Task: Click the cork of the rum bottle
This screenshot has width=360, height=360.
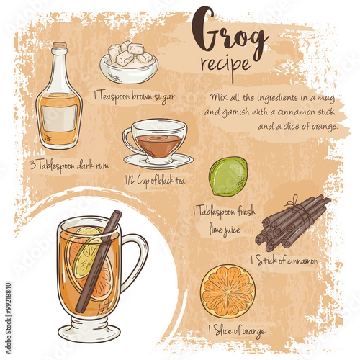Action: point(60,45)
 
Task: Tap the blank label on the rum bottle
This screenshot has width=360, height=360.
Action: point(59,118)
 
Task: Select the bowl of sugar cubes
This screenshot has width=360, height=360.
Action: point(129,63)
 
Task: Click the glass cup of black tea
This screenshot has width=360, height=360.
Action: point(155,141)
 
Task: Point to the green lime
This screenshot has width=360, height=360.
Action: point(228,176)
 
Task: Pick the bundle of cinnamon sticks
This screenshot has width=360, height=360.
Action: point(292,223)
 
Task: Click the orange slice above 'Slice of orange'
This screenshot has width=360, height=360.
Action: point(228,291)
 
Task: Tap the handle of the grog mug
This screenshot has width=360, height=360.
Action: point(135,261)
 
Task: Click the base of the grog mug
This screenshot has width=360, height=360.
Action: point(89,330)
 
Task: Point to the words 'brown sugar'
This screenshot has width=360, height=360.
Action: point(153,97)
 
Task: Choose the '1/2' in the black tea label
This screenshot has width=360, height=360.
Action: point(130,180)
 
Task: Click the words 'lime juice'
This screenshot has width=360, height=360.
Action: point(225,230)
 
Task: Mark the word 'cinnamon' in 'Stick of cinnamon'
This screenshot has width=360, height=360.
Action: point(302,261)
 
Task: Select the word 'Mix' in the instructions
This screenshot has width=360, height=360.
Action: point(218,97)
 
